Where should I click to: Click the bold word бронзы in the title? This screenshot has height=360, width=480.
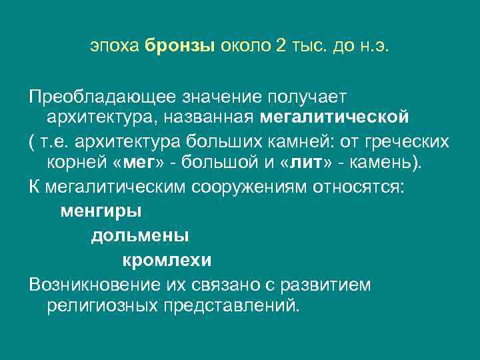(178, 47)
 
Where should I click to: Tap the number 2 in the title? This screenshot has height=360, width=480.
(281, 47)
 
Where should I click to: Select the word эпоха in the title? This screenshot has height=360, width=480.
(115, 47)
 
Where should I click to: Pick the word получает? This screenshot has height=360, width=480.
(313, 98)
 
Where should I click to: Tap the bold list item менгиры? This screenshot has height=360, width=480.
(101, 212)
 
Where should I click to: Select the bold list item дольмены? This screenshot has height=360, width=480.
(139, 236)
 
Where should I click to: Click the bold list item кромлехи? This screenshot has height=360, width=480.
(167, 260)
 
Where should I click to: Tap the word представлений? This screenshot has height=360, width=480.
(230, 307)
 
